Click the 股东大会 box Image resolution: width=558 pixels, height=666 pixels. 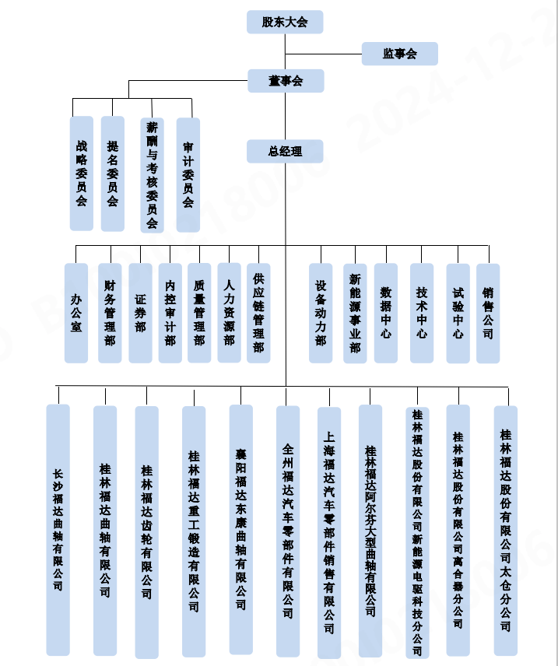[285, 22]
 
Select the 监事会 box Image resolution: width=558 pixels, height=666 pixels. [399, 54]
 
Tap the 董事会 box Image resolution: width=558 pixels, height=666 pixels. [285, 81]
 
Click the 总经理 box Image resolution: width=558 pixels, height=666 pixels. [285, 151]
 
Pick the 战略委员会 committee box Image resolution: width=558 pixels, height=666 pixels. [82, 174]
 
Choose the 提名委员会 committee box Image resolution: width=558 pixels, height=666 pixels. [113, 174]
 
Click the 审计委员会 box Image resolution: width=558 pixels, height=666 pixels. [188, 174]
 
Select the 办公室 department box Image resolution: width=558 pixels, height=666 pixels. [76, 313]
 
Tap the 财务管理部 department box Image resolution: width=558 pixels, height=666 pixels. [110, 313]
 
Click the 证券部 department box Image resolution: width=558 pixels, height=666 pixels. [140, 313]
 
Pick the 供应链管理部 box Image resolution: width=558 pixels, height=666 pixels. [258, 313]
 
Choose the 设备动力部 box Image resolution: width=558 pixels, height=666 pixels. [321, 313]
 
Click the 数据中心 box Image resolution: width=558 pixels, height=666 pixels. [386, 313]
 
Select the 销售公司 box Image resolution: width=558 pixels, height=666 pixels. [488, 313]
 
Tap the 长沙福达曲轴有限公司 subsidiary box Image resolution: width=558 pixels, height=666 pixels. [58, 529]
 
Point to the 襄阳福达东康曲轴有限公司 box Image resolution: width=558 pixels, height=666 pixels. [241, 529]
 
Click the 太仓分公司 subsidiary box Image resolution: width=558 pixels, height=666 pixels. [506, 529]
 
